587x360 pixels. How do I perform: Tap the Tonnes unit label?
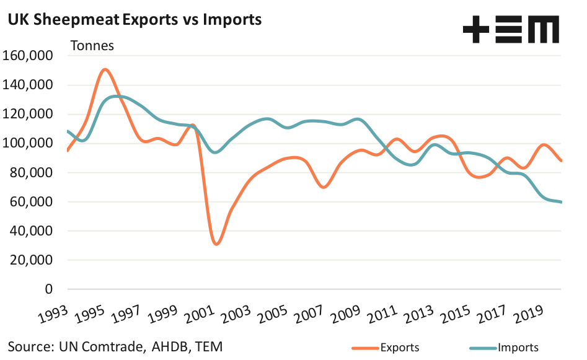pyautogui.click(x=92, y=45)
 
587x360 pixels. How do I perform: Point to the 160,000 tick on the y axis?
pyautogui.click(x=29, y=56)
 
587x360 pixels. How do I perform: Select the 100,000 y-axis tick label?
pyautogui.click(x=29, y=143)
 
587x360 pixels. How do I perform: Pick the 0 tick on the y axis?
pyautogui.click(x=50, y=289)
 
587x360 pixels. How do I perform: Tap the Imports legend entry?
pyautogui.click(x=518, y=348)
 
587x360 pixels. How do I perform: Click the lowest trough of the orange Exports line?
pyautogui.click(x=216, y=244)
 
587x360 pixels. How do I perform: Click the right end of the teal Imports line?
pyautogui.click(x=561, y=202)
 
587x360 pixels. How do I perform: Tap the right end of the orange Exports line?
pyautogui.click(x=561, y=161)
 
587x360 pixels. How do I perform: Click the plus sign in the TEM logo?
pyautogui.click(x=475, y=29)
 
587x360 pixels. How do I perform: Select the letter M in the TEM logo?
pyautogui.click(x=545, y=29)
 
